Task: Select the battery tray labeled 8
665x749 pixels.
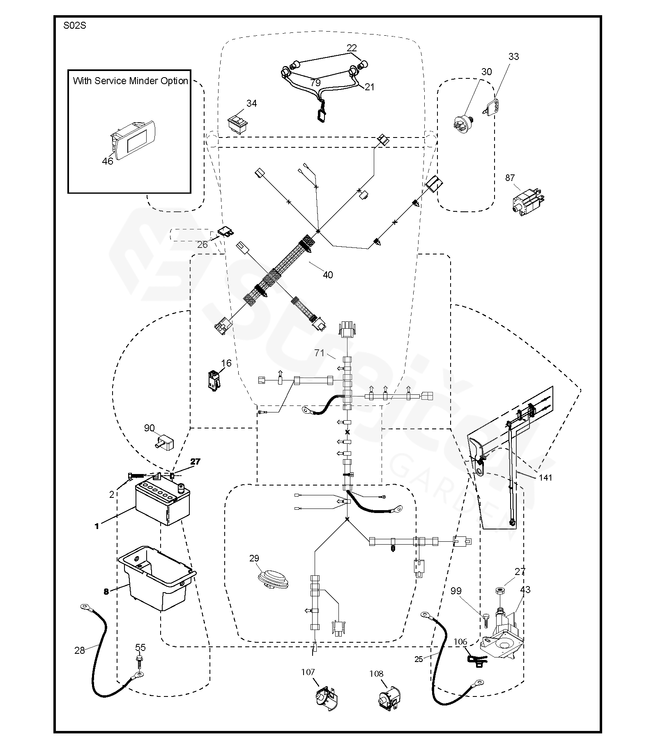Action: point(157,577)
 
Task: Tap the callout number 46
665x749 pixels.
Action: point(108,161)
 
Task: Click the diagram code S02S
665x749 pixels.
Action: point(75,26)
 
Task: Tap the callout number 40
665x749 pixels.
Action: point(328,275)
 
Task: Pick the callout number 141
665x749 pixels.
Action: point(545,477)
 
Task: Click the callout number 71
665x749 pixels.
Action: point(319,353)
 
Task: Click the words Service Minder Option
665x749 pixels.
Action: point(141,81)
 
